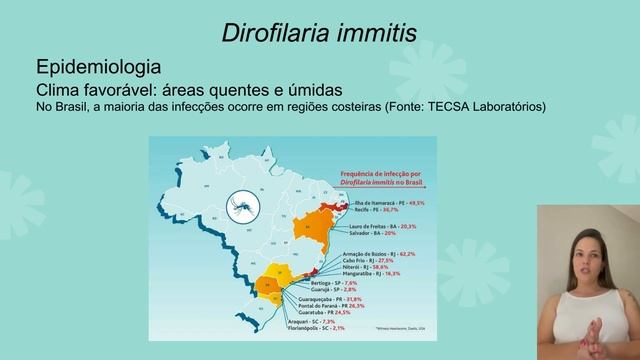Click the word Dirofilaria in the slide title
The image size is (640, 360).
tap(273, 34)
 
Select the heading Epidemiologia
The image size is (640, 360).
tap(98, 68)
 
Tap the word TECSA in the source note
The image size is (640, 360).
tap(453, 107)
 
